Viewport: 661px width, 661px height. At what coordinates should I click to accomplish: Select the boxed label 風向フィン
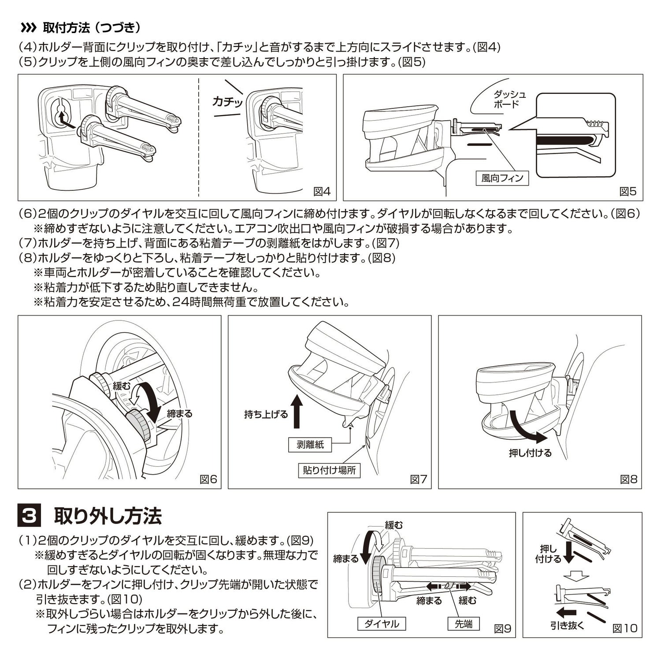click(502, 178)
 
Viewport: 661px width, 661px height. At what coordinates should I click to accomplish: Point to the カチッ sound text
click(227, 102)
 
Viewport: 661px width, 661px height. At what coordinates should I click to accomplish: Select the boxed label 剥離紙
click(310, 445)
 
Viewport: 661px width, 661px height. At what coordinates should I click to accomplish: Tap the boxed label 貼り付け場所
click(329, 470)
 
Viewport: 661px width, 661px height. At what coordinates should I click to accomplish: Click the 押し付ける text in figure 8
click(530, 453)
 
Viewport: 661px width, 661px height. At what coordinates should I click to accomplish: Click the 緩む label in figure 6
click(122, 386)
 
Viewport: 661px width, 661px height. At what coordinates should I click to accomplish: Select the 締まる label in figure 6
click(179, 414)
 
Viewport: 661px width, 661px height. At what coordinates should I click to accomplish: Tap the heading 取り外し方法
click(108, 516)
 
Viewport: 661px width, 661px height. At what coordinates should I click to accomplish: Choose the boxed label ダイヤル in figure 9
click(382, 624)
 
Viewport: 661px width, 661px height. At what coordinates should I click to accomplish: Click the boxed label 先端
click(463, 624)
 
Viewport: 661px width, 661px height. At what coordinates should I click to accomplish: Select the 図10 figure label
click(625, 628)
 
